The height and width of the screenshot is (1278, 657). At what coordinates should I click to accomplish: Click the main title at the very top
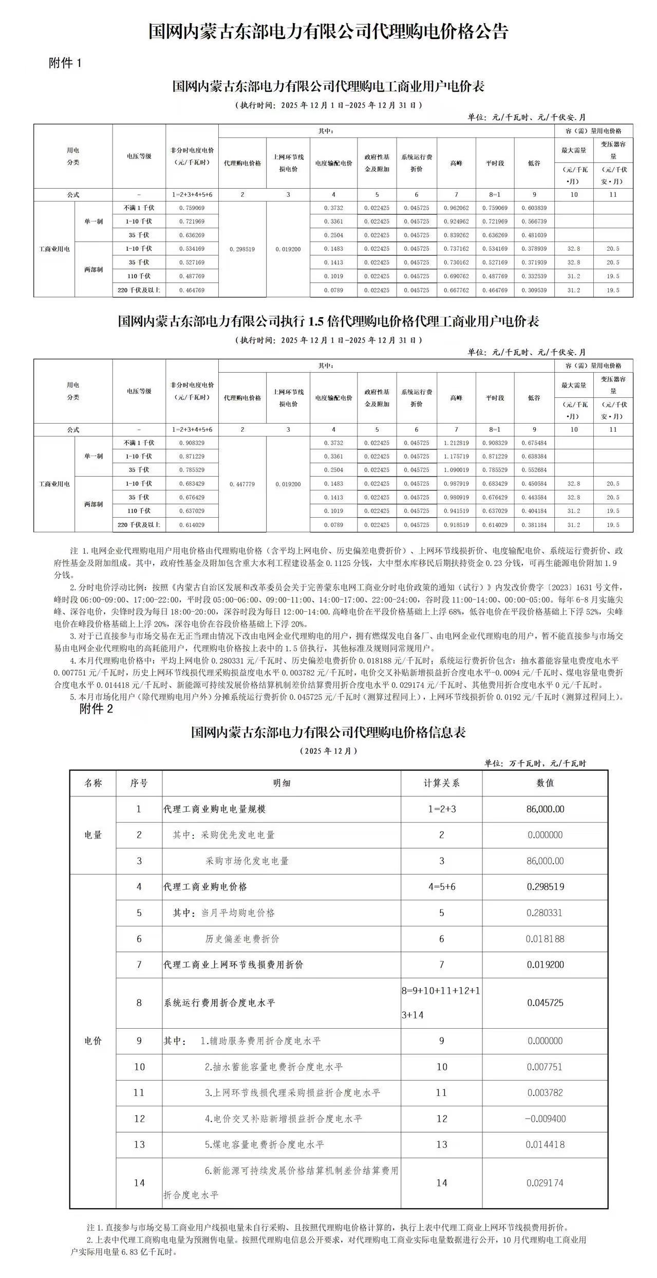328,32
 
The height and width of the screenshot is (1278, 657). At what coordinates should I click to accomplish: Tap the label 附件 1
65,63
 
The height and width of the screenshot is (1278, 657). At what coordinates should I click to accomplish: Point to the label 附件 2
96,709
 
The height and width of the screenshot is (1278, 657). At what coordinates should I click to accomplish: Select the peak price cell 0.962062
456,208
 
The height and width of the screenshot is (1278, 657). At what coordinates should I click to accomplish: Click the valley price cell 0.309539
534,290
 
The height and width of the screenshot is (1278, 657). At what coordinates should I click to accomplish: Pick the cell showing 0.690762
456,277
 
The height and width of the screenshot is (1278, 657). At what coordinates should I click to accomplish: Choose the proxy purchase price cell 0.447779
242,484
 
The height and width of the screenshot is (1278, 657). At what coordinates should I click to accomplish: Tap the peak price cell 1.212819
456,443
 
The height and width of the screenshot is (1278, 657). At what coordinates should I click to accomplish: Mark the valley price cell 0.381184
534,525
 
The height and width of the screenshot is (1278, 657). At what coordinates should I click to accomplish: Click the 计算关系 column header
441,783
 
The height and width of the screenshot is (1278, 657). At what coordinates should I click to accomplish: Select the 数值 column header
545,783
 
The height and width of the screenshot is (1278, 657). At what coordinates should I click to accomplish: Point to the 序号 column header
139,783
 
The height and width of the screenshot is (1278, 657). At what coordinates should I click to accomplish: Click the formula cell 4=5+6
441,887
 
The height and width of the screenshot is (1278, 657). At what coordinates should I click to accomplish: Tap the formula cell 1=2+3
441,809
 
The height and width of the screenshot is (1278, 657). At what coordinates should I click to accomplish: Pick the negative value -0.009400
545,1119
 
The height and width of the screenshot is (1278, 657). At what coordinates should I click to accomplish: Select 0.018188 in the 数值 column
545,939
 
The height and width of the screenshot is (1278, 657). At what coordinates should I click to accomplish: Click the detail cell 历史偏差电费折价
242,939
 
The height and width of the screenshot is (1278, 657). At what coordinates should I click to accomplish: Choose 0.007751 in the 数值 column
545,1067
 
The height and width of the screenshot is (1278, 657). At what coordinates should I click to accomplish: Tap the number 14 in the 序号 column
139,1182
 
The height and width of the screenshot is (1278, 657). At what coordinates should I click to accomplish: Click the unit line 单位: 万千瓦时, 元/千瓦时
535,763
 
